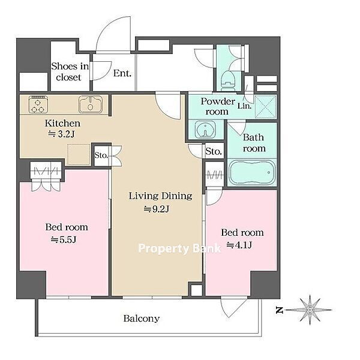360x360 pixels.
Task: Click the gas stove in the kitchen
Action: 38,104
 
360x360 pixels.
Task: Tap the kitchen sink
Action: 91,104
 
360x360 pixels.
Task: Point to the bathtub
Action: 252,172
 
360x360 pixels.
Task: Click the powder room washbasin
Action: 205,129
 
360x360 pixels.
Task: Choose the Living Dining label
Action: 160,196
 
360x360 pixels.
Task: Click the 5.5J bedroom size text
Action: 64,240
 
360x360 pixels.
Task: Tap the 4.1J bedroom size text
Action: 239,245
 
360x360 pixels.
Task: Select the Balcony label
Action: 142,318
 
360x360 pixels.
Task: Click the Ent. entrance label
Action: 122,73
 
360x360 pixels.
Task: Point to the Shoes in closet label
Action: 70,71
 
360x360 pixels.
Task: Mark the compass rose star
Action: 310,310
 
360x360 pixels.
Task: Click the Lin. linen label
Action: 244,106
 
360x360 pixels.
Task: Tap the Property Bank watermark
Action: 179,248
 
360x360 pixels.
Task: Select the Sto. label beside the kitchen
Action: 101,155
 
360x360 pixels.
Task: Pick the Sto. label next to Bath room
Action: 214,151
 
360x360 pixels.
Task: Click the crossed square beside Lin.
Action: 265,107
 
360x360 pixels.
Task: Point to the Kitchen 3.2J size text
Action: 61,134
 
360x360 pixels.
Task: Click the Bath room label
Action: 254,143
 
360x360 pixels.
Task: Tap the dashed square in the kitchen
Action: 79,154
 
